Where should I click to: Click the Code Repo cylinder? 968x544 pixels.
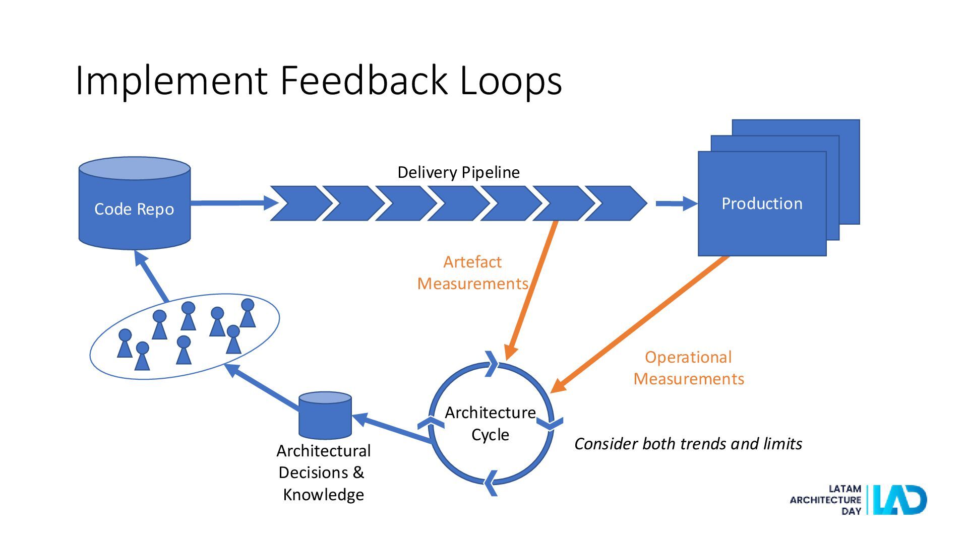click(x=135, y=203)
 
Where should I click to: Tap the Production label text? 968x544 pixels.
click(x=762, y=203)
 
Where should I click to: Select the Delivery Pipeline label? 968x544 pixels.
click(x=458, y=172)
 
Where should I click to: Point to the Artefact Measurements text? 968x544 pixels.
click(x=472, y=273)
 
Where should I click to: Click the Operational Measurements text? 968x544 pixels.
click(x=689, y=368)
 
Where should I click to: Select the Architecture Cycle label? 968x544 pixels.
click(x=490, y=423)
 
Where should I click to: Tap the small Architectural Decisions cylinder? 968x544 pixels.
click(x=325, y=416)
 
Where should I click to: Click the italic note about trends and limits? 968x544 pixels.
click(x=688, y=444)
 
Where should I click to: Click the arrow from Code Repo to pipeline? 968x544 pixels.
click(x=234, y=203)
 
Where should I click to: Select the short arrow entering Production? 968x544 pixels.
click(x=677, y=203)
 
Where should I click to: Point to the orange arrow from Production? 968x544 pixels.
click(x=639, y=324)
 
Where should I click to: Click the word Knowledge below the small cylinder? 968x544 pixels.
click(x=323, y=495)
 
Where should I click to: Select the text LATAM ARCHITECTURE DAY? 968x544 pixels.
click(x=825, y=500)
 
